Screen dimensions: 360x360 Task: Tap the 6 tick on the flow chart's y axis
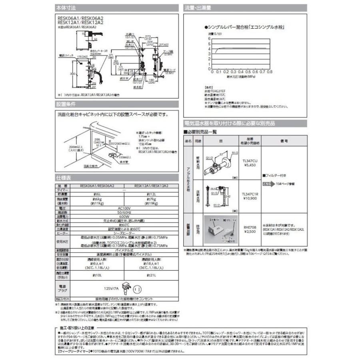(209, 38)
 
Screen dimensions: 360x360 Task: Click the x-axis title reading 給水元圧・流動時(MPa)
(241, 76)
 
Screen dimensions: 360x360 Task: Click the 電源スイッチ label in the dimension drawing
(64, 57)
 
